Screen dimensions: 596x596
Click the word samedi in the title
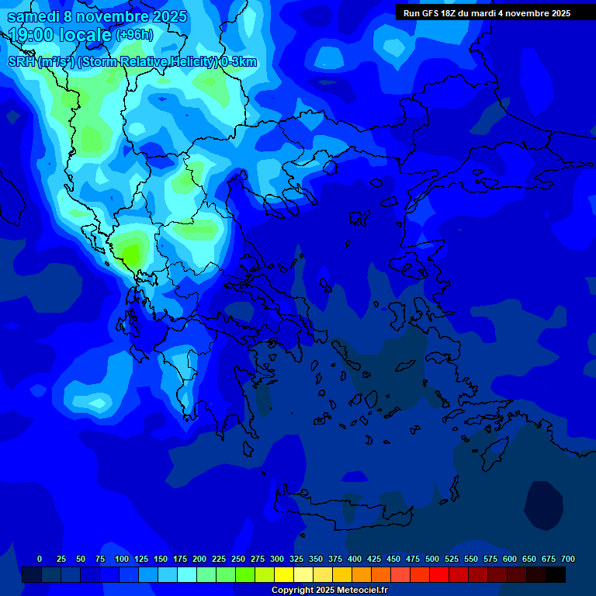coord(34,16)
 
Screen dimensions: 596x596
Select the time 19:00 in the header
coord(32,34)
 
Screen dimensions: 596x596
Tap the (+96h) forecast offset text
coord(134,34)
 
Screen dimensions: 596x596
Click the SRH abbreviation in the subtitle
coord(21,62)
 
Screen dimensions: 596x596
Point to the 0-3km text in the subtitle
coord(239,62)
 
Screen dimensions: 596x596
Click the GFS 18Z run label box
coord(487,12)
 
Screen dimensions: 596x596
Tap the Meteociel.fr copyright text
coord(329,591)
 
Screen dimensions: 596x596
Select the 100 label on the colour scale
coord(122,559)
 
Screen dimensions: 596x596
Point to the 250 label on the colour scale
coord(238,559)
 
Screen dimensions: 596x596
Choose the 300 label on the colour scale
coord(277,559)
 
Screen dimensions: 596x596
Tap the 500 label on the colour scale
coord(432,559)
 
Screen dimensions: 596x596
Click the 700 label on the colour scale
coord(567,559)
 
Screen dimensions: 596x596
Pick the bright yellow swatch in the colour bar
coord(284,574)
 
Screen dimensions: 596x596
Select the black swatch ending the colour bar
coord(556,574)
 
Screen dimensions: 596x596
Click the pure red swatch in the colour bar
coord(439,574)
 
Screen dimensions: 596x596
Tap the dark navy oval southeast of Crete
coord(543,505)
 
